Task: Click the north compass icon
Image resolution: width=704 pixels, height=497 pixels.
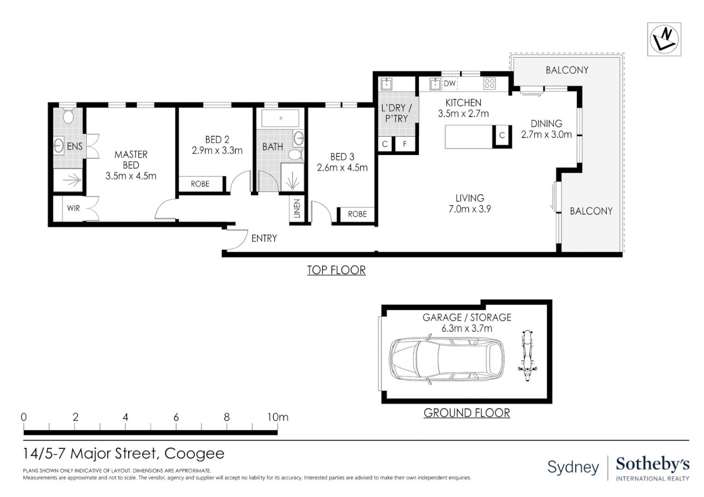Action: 664,39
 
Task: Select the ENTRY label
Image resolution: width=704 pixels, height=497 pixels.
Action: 264,238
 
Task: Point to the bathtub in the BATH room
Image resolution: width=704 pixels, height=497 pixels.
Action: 281,118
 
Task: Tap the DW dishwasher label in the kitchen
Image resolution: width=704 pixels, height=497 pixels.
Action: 450,83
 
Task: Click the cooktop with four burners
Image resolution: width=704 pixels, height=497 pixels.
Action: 489,83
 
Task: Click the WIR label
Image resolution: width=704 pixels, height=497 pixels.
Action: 73,208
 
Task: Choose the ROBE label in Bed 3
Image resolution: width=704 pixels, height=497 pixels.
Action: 357,214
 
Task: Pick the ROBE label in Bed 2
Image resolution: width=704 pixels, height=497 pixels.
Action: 200,184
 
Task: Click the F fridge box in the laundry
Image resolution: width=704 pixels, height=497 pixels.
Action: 405,144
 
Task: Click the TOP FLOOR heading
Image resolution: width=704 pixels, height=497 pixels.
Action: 336,270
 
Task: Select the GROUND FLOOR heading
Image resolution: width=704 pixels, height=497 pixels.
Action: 466,413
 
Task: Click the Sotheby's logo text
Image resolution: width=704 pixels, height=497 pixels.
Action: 652,464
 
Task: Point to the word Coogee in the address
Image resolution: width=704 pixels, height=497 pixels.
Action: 194,454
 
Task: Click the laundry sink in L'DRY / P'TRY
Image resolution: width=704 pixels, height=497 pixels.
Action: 386,84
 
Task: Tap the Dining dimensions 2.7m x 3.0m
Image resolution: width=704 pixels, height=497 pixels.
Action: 546,134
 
